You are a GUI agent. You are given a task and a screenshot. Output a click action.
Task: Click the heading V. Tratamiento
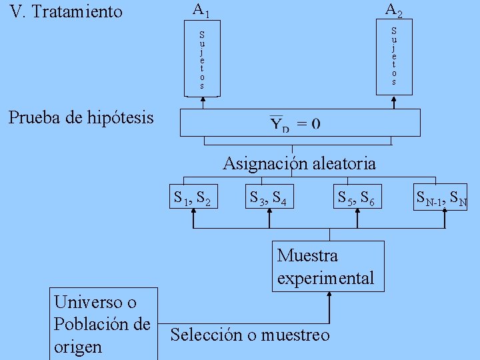pos(67,11)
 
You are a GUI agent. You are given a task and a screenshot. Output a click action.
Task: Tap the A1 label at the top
pos(201,10)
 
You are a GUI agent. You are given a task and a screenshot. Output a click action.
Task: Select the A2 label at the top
pos(393,10)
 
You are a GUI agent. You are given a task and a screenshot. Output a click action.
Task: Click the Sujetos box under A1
pos(201,60)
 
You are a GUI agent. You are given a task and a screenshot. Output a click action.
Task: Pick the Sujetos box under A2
pos(393,56)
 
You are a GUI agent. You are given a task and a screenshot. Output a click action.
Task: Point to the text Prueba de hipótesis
pos(81,118)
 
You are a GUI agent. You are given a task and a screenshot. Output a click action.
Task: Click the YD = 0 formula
pos(295,123)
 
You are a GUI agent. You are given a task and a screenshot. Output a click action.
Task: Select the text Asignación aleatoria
pos(299,163)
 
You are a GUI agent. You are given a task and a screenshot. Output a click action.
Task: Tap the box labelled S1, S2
pos(192,197)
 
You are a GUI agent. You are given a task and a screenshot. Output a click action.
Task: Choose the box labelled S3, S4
pos(269,197)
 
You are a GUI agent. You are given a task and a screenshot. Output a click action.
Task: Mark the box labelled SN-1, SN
pos(441,197)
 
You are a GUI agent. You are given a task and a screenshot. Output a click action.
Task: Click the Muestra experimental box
pos(328,266)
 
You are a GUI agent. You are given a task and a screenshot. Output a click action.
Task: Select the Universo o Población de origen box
pos(104,324)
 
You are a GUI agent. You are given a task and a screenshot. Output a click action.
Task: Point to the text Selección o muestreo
pos(250,335)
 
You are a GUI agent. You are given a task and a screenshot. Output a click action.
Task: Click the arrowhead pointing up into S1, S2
pos(193,212)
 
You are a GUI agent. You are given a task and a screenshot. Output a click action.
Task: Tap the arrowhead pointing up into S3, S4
pos(269,212)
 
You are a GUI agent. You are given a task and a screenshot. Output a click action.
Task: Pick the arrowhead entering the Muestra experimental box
pos(328,296)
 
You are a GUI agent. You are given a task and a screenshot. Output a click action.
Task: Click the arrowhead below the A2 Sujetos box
pos(393,101)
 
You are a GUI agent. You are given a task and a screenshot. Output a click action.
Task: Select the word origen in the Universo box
pos(78,347)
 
